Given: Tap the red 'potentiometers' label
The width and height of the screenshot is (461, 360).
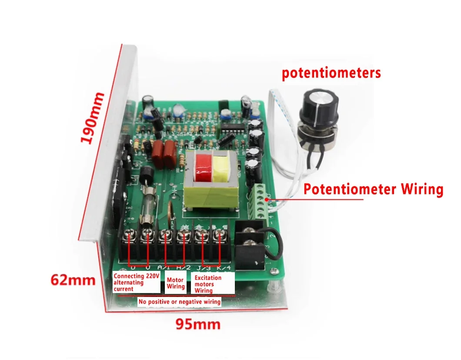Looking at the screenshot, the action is coord(331,73).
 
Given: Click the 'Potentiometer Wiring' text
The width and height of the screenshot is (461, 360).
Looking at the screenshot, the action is coord(373,190).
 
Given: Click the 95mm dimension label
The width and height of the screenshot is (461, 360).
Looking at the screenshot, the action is coord(198,324).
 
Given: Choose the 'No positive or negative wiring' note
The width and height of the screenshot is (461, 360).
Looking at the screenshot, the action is coord(179,301).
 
